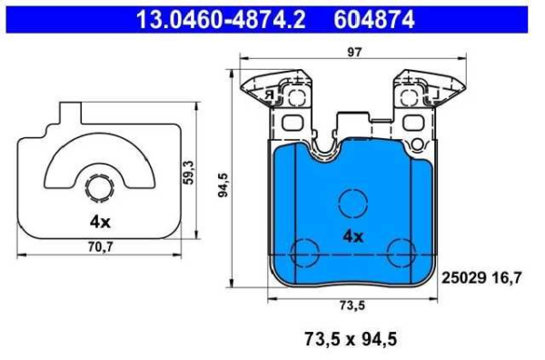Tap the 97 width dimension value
pyautogui.click(x=353, y=52)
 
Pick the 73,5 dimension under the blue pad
pyautogui.click(x=353, y=305)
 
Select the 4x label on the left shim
pyautogui.click(x=99, y=221)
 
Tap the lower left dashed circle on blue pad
pyautogui.click(x=302, y=254)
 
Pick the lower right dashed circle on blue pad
pyautogui.click(x=401, y=254)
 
